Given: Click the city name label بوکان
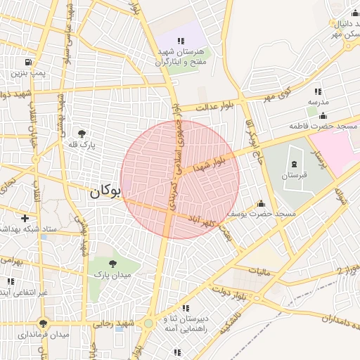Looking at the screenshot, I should pos(105,191).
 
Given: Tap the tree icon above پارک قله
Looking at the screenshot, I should pos(82,133).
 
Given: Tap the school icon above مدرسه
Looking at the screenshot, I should pos(318,91).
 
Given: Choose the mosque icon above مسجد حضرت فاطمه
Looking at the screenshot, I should pos(323,115).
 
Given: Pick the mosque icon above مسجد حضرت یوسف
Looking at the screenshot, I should pos(261,202).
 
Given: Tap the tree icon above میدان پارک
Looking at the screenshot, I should pos(112,264).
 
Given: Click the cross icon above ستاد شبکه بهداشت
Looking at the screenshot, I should pos(26,219).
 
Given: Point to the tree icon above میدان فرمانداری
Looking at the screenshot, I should pos(44,323).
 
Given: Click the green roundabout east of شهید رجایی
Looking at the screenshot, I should pos(148,323).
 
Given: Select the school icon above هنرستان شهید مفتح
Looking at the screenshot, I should pos(181,41).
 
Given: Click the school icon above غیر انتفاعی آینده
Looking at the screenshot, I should pos(10,281).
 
